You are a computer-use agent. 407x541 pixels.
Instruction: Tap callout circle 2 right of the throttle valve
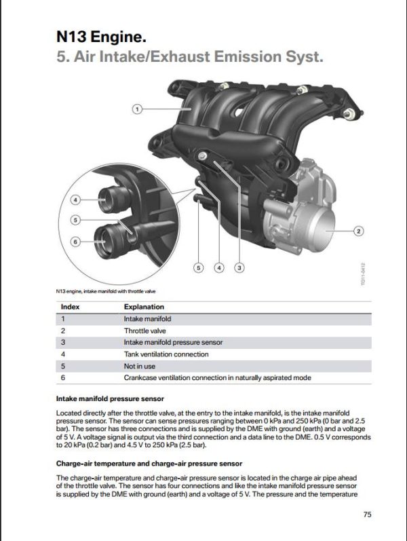(359, 231)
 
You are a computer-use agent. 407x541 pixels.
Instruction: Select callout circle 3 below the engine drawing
(239, 267)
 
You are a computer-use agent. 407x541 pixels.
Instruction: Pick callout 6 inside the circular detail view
(75, 240)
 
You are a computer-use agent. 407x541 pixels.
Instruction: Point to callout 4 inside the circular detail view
(75, 200)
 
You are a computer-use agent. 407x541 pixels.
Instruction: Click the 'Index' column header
(71, 307)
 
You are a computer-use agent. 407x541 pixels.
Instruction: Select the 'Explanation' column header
(144, 307)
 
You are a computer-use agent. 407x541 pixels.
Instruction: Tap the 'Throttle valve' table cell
(140, 331)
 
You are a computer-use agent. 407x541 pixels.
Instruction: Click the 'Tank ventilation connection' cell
(166, 354)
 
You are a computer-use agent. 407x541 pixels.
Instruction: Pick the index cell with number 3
(63, 342)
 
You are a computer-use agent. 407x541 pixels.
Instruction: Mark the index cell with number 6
(63, 377)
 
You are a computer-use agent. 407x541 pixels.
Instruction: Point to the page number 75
(367, 515)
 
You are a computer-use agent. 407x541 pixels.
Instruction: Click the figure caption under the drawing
(109, 292)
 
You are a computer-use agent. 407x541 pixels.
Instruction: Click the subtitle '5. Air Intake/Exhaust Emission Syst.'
(190, 57)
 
